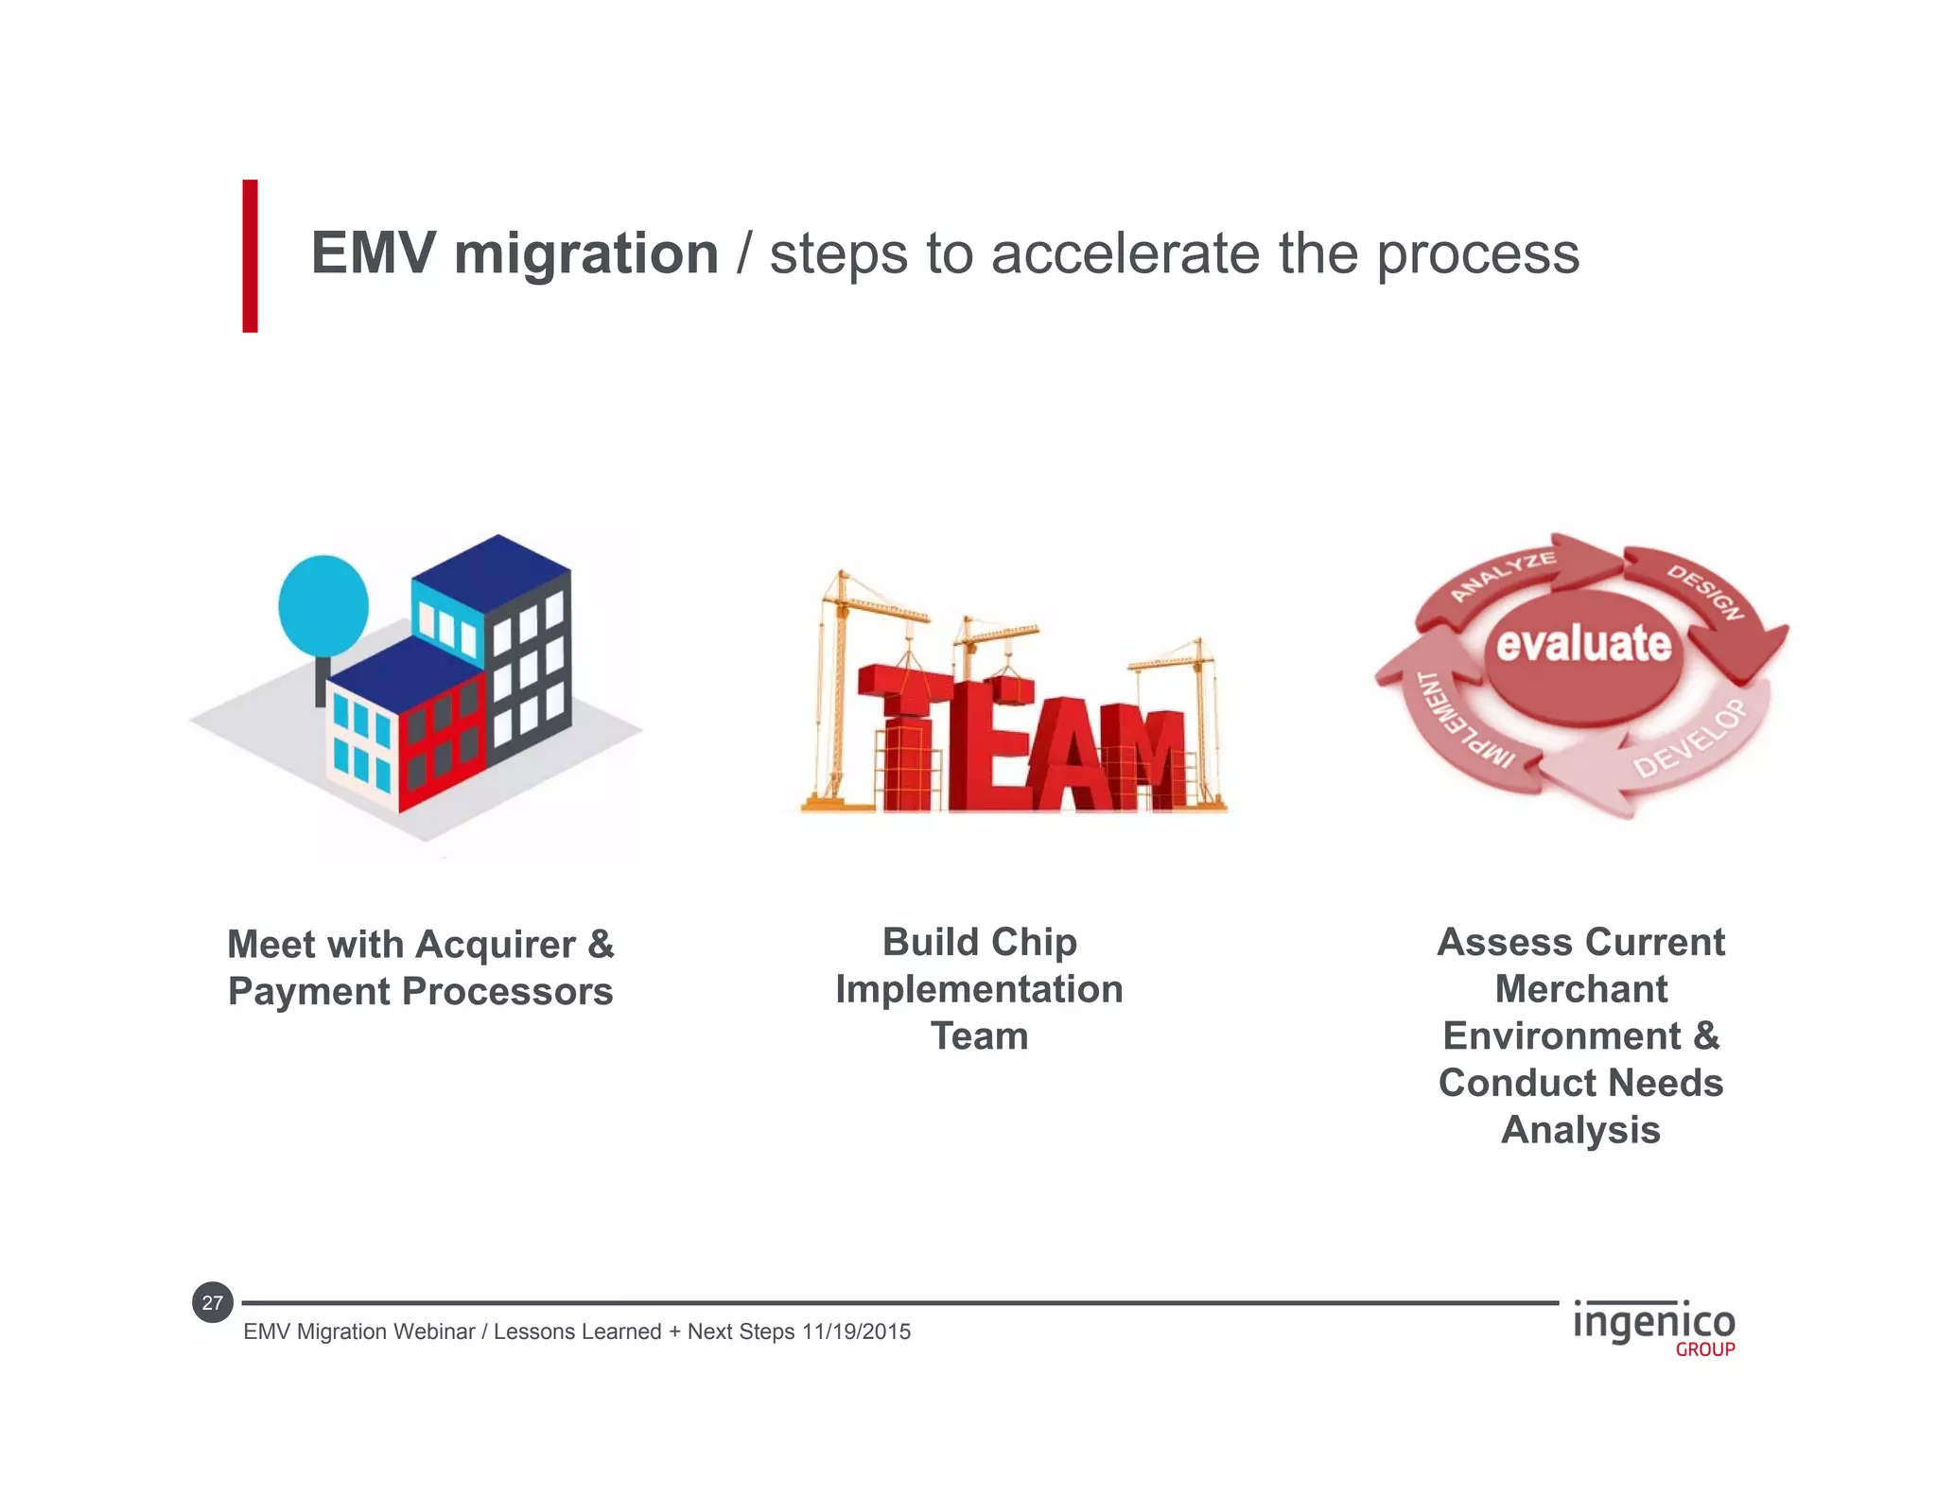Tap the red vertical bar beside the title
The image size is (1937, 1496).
(x=250, y=255)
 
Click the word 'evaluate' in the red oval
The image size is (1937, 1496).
(x=1583, y=644)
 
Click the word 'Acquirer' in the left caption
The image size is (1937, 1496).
(x=495, y=944)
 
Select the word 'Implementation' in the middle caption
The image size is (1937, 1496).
(x=979, y=989)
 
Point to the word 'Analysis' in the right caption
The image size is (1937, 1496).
(x=1580, y=1130)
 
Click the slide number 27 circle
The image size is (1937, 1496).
(x=213, y=1303)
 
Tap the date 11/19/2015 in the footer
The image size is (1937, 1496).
(x=856, y=1331)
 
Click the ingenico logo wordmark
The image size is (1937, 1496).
(x=1653, y=1322)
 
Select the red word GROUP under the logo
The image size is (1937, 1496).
(x=1704, y=1350)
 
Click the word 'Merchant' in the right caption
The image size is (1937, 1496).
(x=1580, y=989)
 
